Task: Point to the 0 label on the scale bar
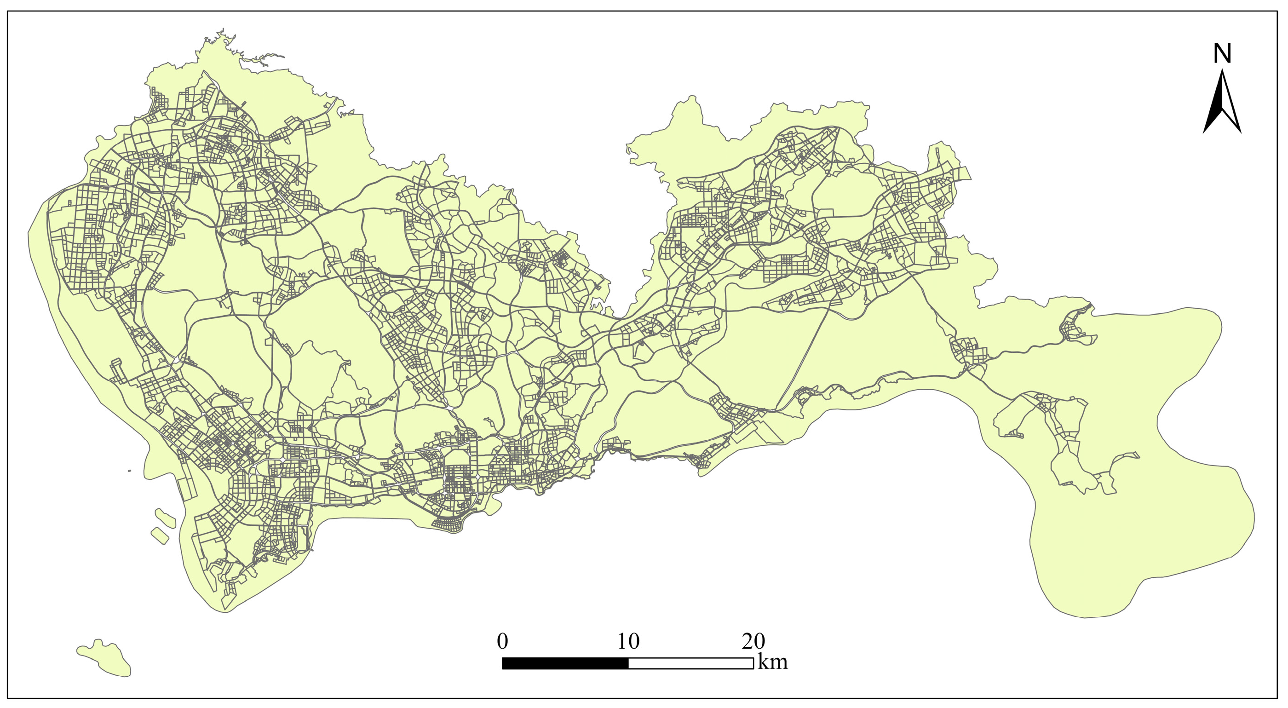coord(502,641)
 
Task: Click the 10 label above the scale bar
coord(628,641)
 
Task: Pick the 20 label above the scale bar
coord(753,641)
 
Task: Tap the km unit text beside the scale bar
coord(772,662)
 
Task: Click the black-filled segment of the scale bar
coord(565,663)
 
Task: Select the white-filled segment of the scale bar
coord(690,663)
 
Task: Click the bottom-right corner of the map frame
coord(1281,698)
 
